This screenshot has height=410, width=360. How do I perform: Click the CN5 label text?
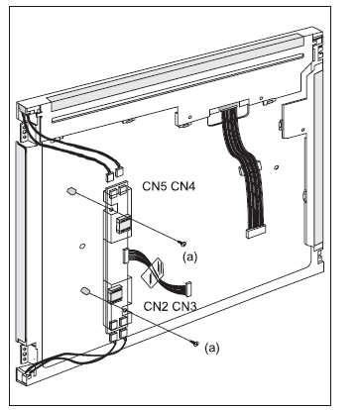pos(156,186)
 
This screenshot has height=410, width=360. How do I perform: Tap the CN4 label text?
pos(183,186)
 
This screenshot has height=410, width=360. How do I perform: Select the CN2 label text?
pos(156,306)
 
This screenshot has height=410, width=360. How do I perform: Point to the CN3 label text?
pos(183,306)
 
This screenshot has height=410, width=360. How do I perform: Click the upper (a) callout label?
pos(189,256)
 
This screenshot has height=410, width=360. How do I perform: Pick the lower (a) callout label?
pos(211,348)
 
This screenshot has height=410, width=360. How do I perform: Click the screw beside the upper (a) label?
pos(182,244)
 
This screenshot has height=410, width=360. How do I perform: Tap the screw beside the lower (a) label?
pos(195,344)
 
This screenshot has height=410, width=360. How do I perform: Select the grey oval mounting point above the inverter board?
pos(71,191)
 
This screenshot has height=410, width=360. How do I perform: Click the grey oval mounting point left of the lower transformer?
pos(85,290)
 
